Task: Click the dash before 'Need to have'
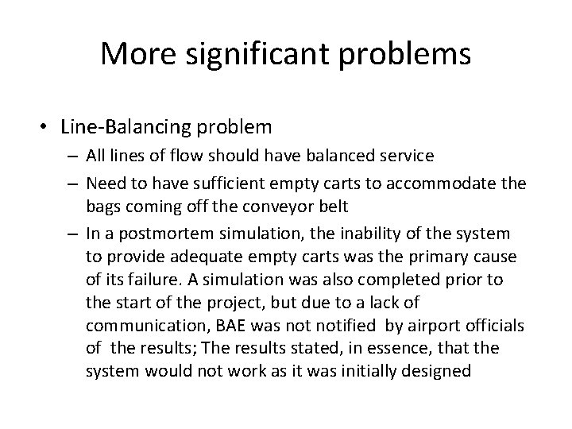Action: tap(75, 184)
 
